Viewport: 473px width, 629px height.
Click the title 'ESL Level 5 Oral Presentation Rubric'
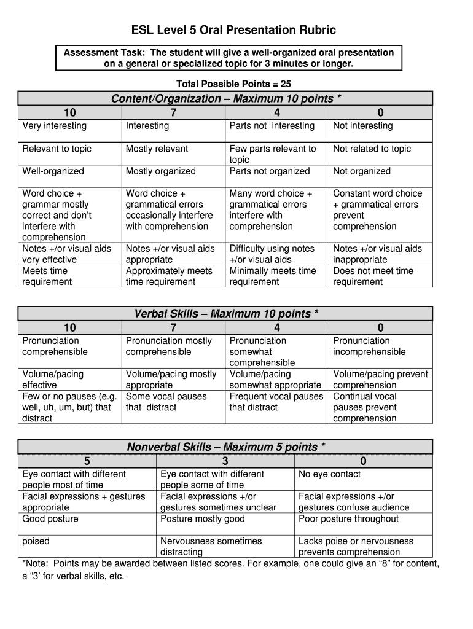click(x=234, y=30)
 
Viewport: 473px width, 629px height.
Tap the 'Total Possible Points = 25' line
click(x=233, y=84)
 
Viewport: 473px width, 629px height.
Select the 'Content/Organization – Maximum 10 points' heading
click(x=226, y=99)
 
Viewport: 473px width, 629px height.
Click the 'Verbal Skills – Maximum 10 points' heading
click(x=226, y=314)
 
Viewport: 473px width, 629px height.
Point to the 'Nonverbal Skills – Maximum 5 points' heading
click(x=226, y=447)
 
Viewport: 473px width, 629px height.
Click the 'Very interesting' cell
click(x=55, y=126)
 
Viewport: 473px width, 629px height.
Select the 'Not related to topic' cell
click(x=372, y=149)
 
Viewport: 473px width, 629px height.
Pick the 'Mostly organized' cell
click(x=161, y=171)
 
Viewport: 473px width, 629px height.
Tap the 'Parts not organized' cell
click(x=270, y=171)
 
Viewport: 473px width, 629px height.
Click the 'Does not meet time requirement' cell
click(x=373, y=276)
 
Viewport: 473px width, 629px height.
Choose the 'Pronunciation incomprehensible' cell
click(x=369, y=346)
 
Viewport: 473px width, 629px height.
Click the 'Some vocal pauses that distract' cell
click(x=166, y=402)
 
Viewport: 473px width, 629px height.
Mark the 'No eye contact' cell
click(x=329, y=474)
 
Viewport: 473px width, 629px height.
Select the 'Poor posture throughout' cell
click(x=348, y=519)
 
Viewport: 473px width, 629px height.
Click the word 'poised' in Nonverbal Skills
click(x=36, y=541)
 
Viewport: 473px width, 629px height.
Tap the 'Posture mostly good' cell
click(x=202, y=519)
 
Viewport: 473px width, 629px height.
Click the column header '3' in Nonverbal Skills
click(x=225, y=461)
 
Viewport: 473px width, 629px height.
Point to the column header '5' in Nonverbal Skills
click(x=87, y=461)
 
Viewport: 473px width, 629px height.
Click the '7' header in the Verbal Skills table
click(x=174, y=327)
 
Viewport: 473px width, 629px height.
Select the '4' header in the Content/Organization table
click(x=278, y=112)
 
